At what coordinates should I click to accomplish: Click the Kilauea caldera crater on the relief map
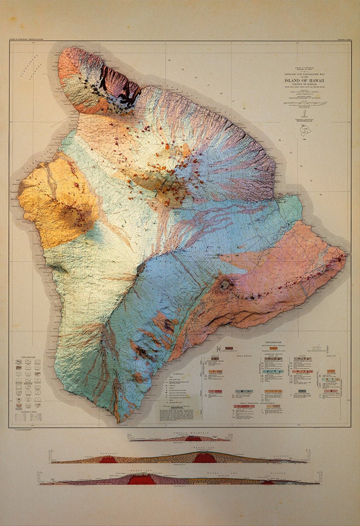[x=225, y=284]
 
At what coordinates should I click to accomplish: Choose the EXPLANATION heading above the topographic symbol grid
[x=28, y=357]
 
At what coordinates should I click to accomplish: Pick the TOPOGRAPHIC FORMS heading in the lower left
[x=28, y=412]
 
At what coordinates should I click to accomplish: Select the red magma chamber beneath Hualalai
[x=108, y=460]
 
